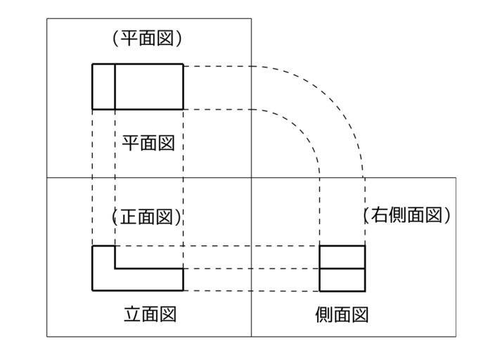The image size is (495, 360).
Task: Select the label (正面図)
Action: pyautogui.click(x=147, y=217)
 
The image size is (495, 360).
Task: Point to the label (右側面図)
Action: pyautogui.click(x=406, y=216)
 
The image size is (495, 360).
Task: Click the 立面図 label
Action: pyautogui.click(x=149, y=314)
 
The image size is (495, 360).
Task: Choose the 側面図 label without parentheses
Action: pyautogui.click(x=342, y=314)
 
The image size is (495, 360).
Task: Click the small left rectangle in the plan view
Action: pyautogui.click(x=103, y=86)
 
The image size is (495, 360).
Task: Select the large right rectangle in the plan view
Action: pyautogui.click(x=148, y=86)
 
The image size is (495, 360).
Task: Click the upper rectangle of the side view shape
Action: pyautogui.click(x=342, y=257)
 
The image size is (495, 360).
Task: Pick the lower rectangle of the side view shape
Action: pyautogui.click(x=342, y=279)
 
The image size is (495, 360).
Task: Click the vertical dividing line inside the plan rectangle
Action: pyautogui.click(x=115, y=86)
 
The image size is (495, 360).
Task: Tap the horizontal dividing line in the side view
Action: pyautogui.click(x=342, y=268)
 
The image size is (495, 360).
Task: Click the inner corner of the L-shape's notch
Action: pyautogui.click(x=115, y=268)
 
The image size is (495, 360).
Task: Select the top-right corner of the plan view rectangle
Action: pyautogui.click(x=183, y=64)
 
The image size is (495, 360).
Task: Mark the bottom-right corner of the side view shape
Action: pyautogui.click(x=365, y=290)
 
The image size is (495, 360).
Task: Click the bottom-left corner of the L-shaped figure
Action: pyautogui.click(x=92, y=290)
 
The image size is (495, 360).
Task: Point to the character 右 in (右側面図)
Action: pyautogui.click(x=380, y=216)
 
